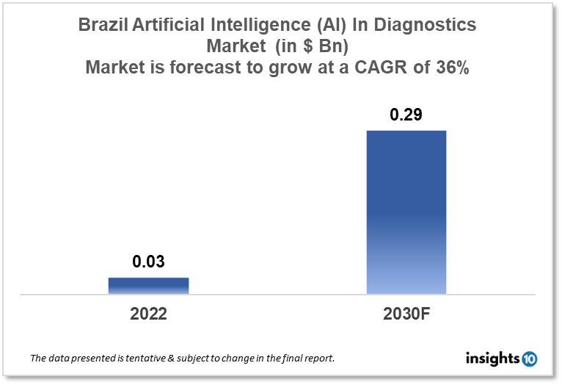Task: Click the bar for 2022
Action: [x=148, y=286]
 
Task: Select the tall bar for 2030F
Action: [x=406, y=212]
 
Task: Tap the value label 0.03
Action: [x=148, y=261]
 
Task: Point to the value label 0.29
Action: [x=406, y=115]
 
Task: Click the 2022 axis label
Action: [x=148, y=314]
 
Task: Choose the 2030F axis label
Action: [x=406, y=314]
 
